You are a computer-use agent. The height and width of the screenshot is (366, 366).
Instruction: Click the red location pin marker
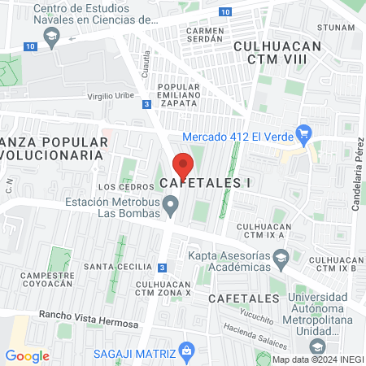[184, 165]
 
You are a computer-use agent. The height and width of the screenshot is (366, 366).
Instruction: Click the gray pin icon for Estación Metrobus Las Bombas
[171, 207]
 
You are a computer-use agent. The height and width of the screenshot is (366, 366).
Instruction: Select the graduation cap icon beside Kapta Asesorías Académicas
[281, 258]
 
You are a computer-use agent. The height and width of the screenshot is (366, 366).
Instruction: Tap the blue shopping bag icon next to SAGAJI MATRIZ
[188, 352]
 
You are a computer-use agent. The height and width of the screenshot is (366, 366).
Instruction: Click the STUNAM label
[337, 26]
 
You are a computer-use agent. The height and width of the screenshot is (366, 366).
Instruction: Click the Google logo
[28, 355]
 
